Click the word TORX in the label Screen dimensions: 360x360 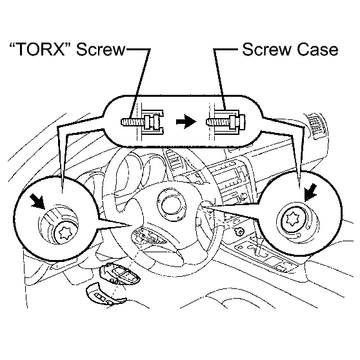pyautogui.click(x=41, y=49)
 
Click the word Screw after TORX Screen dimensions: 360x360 pyautogui.click(x=101, y=49)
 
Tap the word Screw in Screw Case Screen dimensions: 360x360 pyautogui.click(x=267, y=50)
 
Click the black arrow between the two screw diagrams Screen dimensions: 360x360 pyautogui.click(x=186, y=122)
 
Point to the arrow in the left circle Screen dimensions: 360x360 pyautogui.click(x=38, y=201)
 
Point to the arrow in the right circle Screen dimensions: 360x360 pyautogui.click(x=310, y=192)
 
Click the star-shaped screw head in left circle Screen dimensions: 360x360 pyautogui.click(x=64, y=233)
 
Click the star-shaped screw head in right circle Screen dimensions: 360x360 pyautogui.click(x=292, y=218)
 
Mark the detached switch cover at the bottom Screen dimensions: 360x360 pyautogui.click(x=106, y=295)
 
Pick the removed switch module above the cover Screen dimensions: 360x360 pyautogui.click(x=120, y=274)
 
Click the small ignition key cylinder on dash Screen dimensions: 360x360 pyautogui.click(x=239, y=232)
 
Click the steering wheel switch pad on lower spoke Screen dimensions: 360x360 pyautogui.click(x=149, y=237)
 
